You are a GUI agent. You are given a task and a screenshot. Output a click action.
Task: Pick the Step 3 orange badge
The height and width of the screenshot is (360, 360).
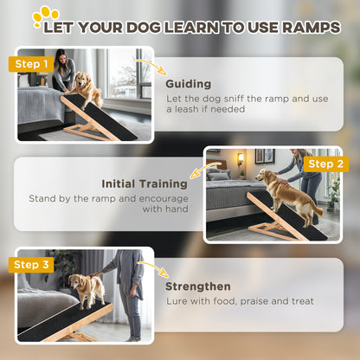tap(31, 264)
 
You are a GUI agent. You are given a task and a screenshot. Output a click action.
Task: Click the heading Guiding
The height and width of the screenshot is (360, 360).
tap(188, 85)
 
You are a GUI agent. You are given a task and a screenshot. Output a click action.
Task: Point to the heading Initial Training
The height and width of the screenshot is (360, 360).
tap(145, 183)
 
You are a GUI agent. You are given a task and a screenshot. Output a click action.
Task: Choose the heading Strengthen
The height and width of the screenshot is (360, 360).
tap(198, 286)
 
